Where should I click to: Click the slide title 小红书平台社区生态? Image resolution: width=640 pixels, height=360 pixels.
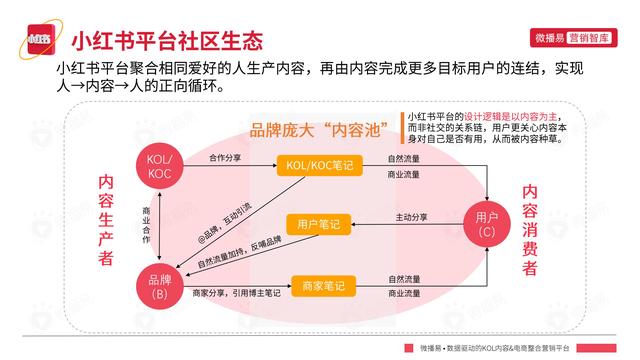pos(167,42)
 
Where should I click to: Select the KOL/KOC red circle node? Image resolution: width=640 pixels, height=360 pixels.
pos(159,167)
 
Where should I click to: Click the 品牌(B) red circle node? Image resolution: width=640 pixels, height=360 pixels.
pos(159,287)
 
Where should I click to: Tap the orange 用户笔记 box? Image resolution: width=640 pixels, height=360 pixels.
pos(317,224)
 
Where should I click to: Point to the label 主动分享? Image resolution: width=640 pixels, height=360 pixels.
pos(411,217)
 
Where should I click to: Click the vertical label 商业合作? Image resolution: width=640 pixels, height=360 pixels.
pos(148,227)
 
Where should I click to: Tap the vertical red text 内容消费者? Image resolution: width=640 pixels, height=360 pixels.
pos(530,230)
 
